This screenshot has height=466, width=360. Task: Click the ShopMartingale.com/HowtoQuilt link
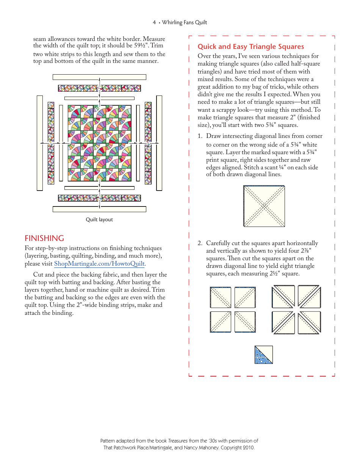tap(99, 264)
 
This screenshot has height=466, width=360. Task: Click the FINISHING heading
tap(44, 238)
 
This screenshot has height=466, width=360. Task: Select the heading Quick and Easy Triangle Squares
tap(250, 47)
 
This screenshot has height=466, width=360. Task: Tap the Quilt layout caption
tap(99, 220)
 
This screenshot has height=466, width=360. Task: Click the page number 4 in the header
tap(154, 22)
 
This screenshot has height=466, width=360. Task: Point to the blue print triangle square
tap(264, 355)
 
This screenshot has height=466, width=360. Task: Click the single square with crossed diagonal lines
tap(264, 206)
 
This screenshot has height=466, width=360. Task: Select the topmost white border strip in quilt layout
tap(99, 77)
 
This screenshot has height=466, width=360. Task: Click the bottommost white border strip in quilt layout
tap(99, 209)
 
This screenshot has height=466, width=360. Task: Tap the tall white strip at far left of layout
tap(40, 143)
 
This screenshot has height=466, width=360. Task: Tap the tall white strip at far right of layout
tap(159, 143)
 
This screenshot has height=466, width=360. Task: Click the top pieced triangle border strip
tap(99, 88)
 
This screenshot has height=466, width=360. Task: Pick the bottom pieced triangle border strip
tap(99, 198)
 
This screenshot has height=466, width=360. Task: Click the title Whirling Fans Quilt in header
tap(185, 22)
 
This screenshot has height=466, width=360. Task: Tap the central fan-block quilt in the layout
tap(99, 143)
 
